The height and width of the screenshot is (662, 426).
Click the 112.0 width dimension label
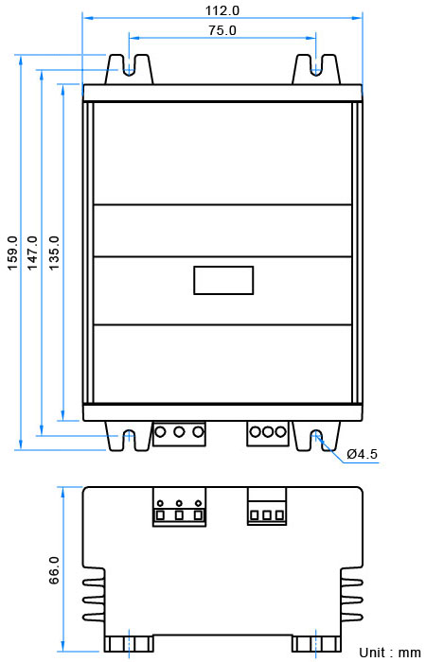point(222,10)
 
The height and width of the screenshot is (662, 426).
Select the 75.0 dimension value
point(222,30)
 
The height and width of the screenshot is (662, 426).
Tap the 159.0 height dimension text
point(11,253)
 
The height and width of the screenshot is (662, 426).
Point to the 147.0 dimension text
point(32,253)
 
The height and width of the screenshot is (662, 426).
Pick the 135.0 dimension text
point(54,253)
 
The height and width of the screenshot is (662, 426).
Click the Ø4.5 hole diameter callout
point(362,454)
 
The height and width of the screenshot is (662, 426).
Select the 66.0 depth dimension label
point(54,570)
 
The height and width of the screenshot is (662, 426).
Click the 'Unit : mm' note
point(390,653)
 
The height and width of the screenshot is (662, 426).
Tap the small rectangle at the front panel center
point(223,280)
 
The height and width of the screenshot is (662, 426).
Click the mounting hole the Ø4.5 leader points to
point(316,435)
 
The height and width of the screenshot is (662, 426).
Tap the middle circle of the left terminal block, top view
point(179,432)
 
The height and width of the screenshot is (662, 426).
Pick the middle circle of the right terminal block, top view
point(267,432)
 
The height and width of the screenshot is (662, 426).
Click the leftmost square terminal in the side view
point(160,515)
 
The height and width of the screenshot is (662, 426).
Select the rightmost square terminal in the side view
point(279,515)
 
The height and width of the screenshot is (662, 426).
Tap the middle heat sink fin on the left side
point(94,600)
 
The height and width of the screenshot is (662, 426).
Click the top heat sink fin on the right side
point(351,583)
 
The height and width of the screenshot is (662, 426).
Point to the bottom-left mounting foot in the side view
point(129,643)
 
